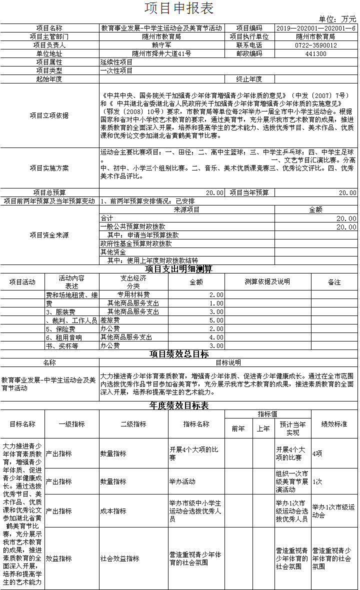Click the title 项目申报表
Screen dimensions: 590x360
pos(179,8)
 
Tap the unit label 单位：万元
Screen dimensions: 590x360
pos(337,19)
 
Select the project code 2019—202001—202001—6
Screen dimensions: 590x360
pos(315,28)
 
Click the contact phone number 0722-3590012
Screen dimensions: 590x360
pos(315,45)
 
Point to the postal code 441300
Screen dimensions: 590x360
pos(315,53)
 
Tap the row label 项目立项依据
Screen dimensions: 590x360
pos(49,115)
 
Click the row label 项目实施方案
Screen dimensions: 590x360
pos(49,167)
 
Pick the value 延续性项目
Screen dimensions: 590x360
pos(116,62)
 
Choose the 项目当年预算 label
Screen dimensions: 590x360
pos(249,192)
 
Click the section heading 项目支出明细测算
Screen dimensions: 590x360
pos(179,269)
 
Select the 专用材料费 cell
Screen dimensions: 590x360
pos(133,294)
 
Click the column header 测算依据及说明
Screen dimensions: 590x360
pos(267,281)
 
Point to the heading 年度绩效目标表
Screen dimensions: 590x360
pos(179,405)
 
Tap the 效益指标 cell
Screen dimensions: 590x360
pos(58,558)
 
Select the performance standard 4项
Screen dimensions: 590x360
pos(317,453)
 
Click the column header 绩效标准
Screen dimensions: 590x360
pos(334,424)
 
